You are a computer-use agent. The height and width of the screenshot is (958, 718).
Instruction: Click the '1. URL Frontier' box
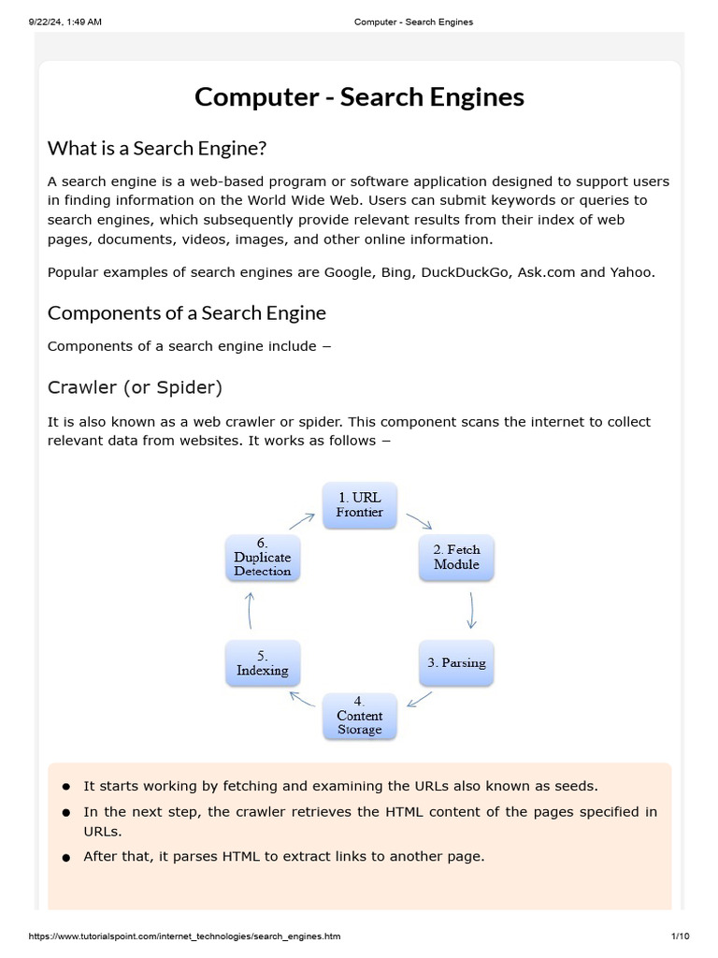point(360,505)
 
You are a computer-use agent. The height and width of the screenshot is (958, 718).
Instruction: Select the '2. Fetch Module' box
point(456,558)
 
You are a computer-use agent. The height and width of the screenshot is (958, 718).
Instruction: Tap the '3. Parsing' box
point(456,663)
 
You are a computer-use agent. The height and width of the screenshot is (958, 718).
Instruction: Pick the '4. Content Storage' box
point(360,716)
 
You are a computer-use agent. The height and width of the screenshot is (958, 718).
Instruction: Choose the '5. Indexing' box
point(263,663)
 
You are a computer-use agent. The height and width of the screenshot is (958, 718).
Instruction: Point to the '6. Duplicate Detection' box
point(263,558)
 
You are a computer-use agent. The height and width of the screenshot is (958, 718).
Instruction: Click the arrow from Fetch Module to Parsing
point(472,610)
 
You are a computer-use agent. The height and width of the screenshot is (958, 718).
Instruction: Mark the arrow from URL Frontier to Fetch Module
point(419,521)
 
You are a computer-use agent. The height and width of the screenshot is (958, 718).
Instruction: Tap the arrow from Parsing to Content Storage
point(420,700)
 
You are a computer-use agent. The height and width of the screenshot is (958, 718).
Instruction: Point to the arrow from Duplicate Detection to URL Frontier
point(302,520)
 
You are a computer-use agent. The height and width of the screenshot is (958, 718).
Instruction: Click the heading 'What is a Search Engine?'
point(157,148)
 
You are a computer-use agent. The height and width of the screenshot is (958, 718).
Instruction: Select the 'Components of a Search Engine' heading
point(187,312)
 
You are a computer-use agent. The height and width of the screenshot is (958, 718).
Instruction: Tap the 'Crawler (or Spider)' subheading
point(135,386)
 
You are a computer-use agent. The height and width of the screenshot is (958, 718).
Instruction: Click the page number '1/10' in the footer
point(680,936)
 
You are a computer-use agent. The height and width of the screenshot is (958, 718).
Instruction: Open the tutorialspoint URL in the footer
point(178,936)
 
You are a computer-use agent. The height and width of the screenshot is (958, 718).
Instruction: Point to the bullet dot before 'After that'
point(66,858)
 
